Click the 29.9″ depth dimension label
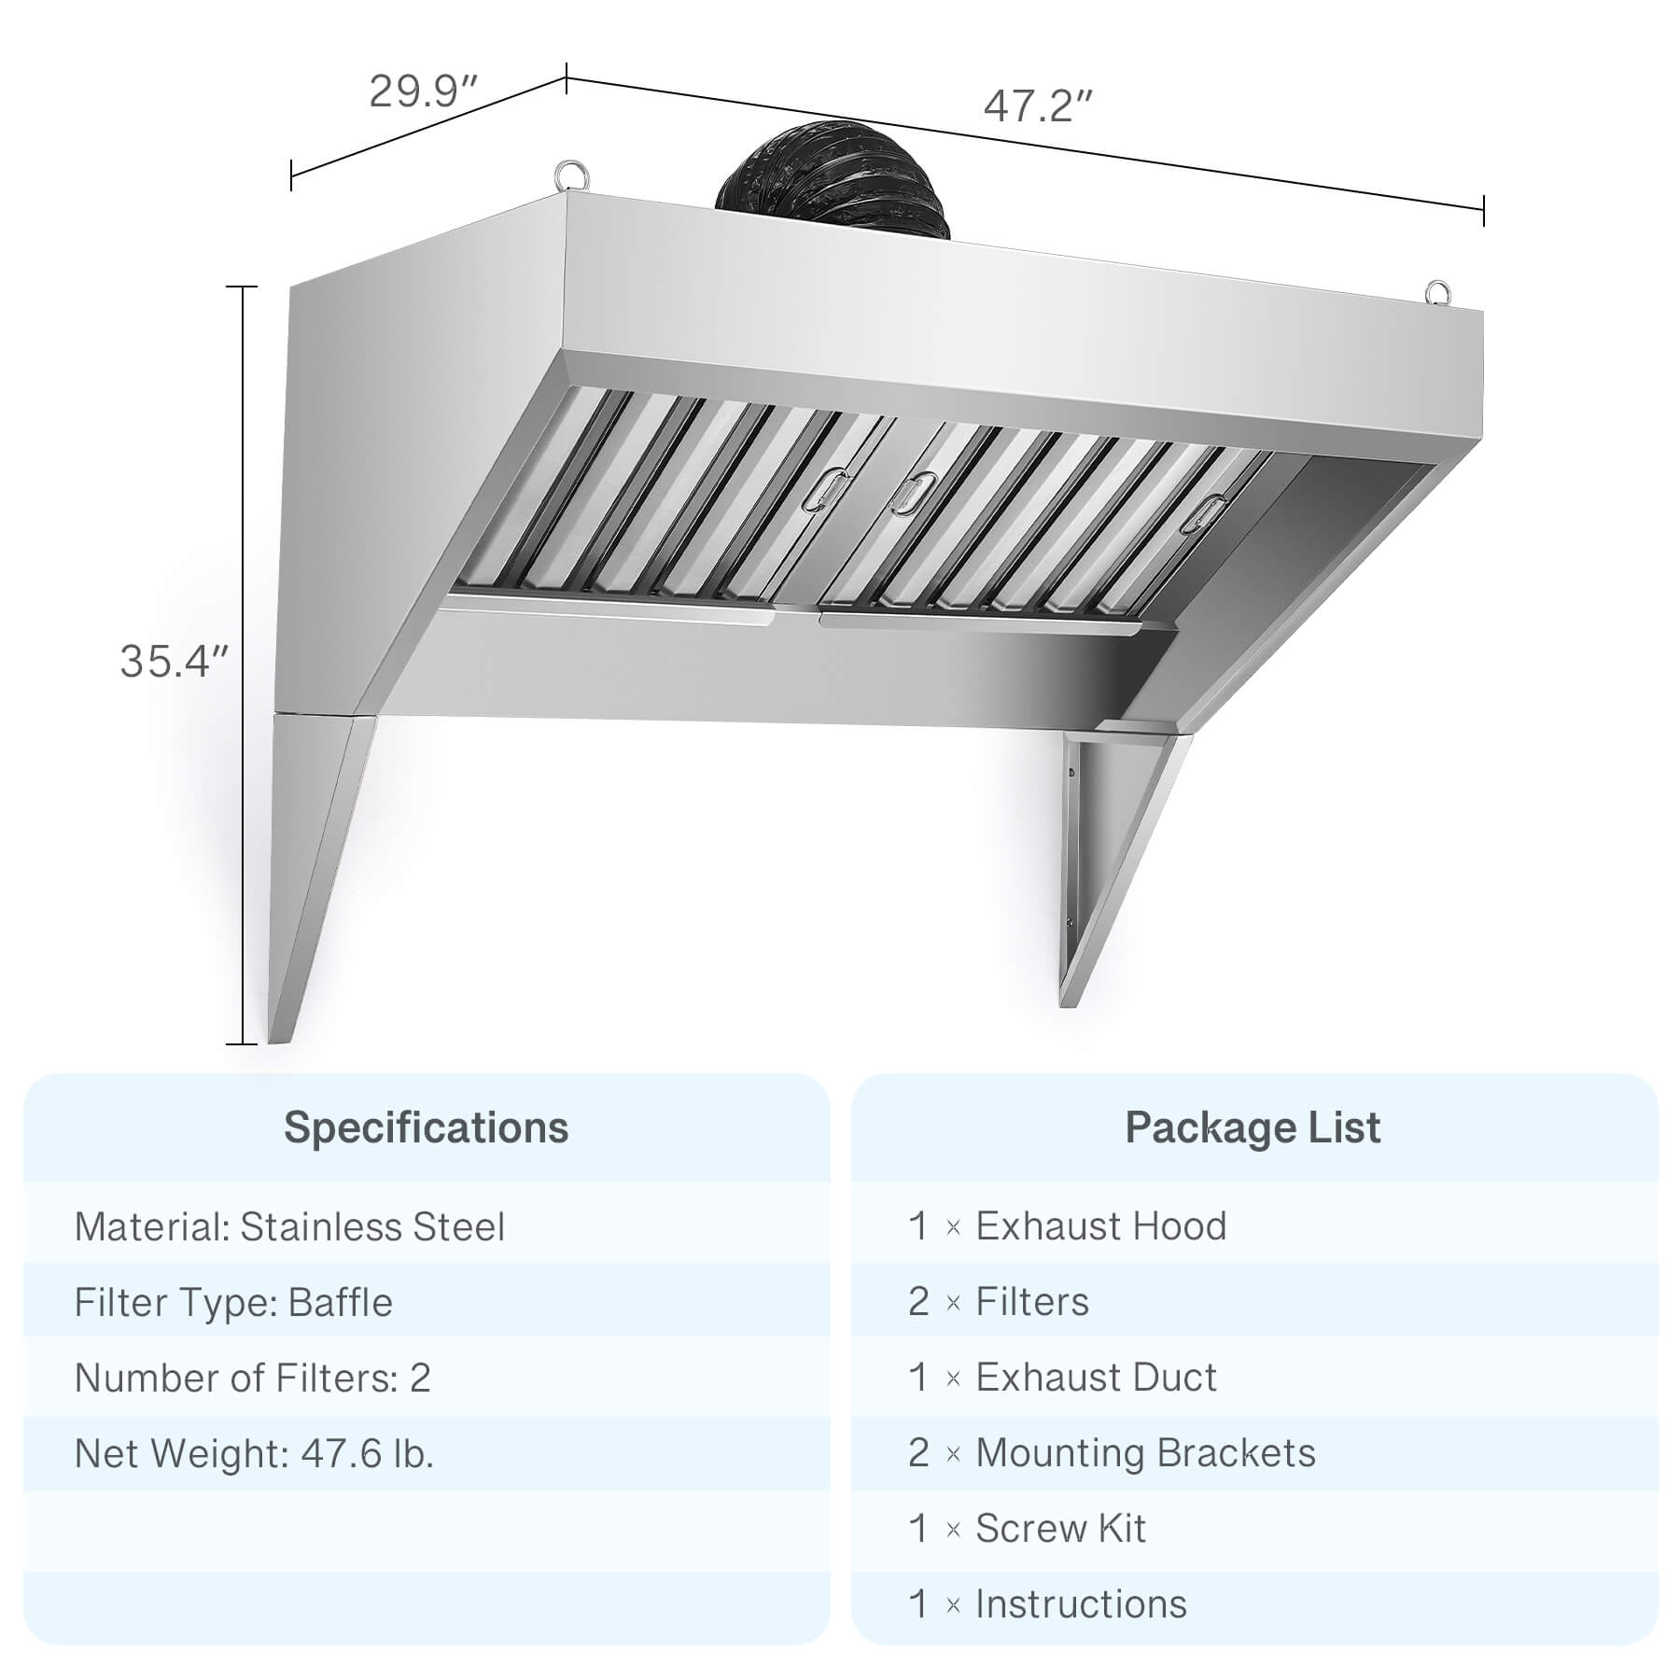425,91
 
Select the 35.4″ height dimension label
175,661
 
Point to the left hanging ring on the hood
568,175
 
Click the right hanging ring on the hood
1438,292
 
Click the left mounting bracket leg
317,877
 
